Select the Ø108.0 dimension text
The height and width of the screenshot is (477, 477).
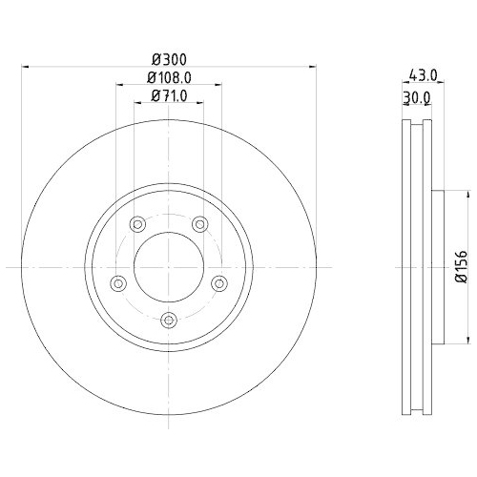point(168,77)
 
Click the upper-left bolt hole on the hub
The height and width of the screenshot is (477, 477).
point(136,224)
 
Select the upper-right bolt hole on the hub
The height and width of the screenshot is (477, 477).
point(199,224)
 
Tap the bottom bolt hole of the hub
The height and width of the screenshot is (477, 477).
point(168,320)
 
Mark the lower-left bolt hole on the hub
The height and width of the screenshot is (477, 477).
point(118,282)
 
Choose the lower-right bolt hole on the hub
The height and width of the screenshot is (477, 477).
point(218,282)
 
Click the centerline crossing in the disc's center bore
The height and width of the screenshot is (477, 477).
point(168,267)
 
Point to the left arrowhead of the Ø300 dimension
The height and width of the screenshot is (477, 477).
point(24,67)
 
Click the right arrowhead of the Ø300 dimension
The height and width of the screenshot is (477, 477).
point(313,67)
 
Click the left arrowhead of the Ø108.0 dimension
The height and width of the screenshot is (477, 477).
point(118,85)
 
